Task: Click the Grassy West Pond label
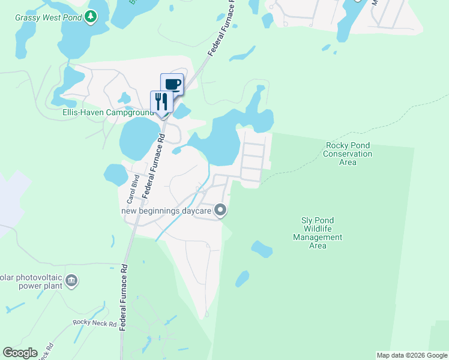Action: (48, 17)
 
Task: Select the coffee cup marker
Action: (172, 84)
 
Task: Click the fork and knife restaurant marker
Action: (161, 101)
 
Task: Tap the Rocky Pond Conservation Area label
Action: (348, 154)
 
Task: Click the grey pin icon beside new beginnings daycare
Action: (220, 210)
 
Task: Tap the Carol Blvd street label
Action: (135, 187)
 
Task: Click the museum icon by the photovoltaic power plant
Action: (71, 280)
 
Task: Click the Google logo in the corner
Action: (20, 353)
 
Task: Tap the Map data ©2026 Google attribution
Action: (411, 355)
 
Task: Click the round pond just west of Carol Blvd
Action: (115, 175)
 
